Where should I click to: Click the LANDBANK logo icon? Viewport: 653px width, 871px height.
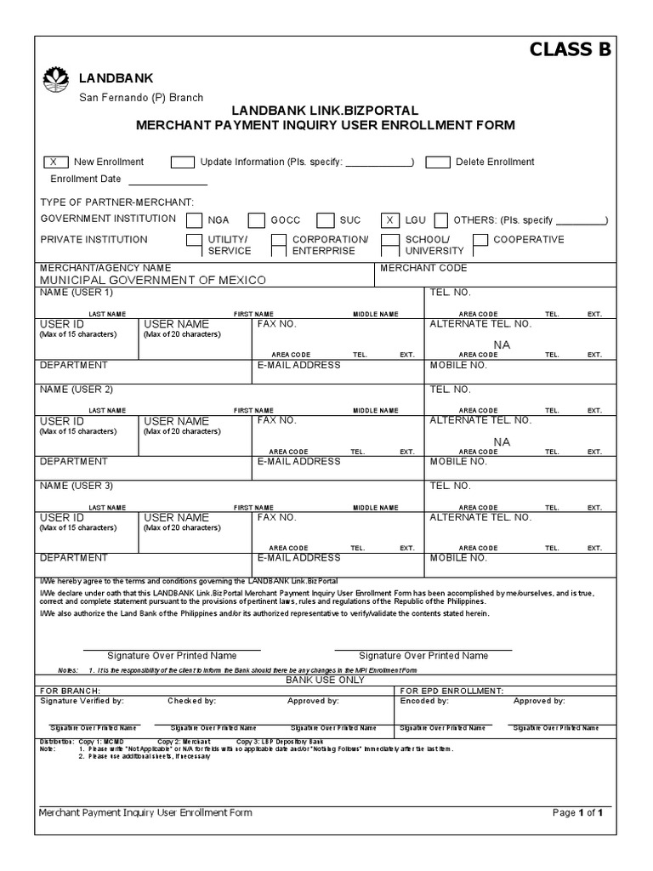pos(57,80)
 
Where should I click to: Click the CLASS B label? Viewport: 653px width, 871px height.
pos(570,49)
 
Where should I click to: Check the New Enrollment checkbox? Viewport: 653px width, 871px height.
pos(54,162)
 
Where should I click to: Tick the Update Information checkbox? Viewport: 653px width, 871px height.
pos(182,162)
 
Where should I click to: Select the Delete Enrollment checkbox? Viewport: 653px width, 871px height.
pos(438,162)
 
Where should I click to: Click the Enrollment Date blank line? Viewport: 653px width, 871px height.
pos(168,179)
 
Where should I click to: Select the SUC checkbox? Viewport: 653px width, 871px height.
pos(326,219)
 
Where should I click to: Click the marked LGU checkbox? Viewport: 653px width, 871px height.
pos(390,219)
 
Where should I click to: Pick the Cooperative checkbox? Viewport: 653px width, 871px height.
pos(480,240)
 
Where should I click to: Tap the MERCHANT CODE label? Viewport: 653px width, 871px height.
pos(423,268)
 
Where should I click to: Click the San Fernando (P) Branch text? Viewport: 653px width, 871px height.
pos(141,98)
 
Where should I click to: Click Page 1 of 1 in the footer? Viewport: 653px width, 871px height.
pos(577,812)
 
